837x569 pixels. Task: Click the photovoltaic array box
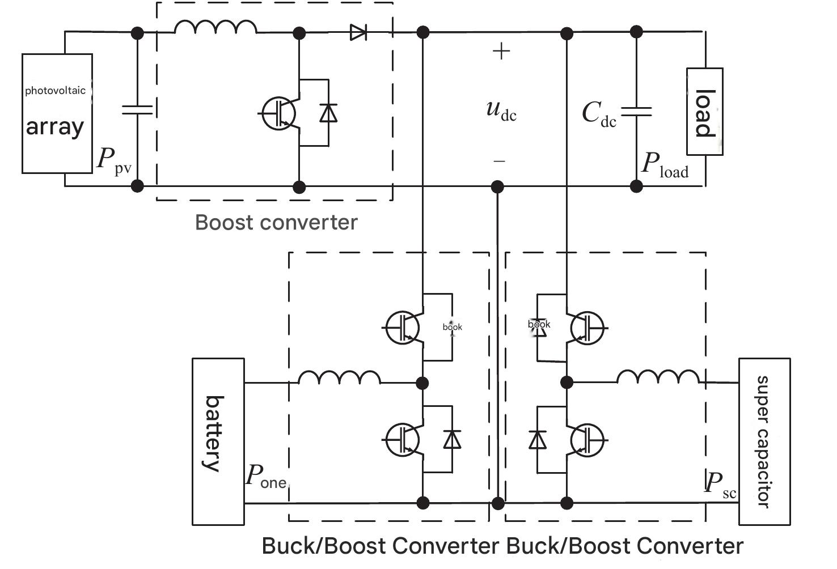tap(57, 113)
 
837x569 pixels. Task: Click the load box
tap(704, 112)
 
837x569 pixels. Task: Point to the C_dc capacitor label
tap(599, 113)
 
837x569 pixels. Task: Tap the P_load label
tap(665, 165)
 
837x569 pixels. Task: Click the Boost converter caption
tap(276, 222)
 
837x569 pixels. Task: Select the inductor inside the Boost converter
tap(215, 27)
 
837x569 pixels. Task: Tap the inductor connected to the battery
tap(339, 378)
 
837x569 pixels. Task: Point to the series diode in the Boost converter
tap(358, 33)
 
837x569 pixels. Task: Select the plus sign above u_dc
tap(501, 52)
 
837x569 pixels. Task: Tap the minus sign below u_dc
tap(499, 162)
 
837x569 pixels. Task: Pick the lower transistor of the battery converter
tap(402, 440)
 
